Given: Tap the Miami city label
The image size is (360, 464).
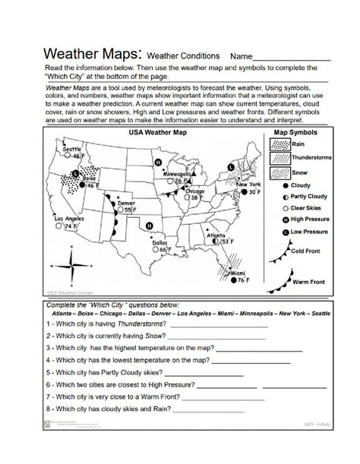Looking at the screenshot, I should click(x=238, y=272).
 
